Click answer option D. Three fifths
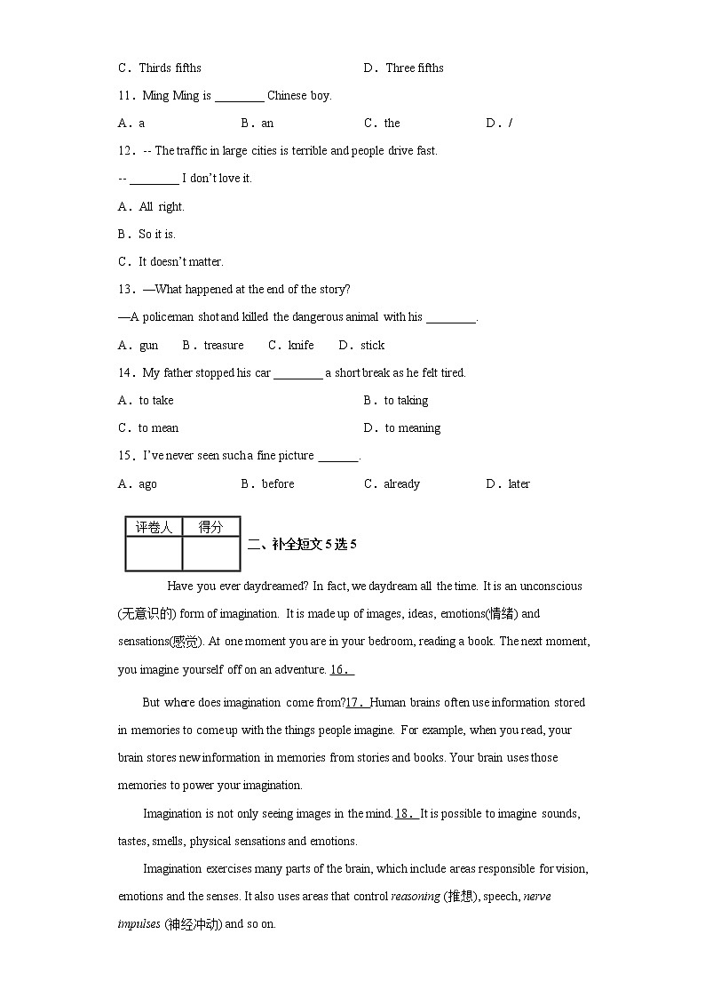click(x=403, y=68)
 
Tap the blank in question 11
click(x=239, y=96)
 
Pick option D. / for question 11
click(x=499, y=124)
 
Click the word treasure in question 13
click(x=223, y=346)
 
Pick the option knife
click(x=300, y=346)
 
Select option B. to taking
click(x=396, y=401)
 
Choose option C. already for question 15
click(x=392, y=484)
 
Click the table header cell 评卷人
click(x=154, y=527)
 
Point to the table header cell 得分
click(x=210, y=527)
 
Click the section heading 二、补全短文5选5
click(x=302, y=545)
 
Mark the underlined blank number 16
click(x=342, y=669)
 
